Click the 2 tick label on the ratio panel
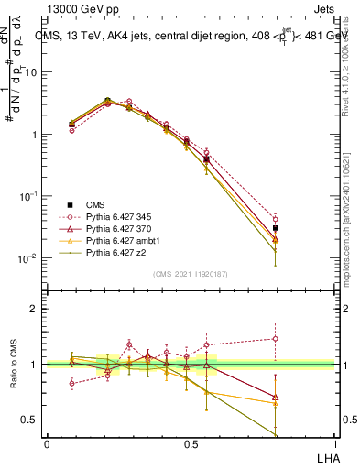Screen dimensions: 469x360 click(x=33, y=309)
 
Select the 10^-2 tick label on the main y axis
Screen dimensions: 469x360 click(x=27, y=258)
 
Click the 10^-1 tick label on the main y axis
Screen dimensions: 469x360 click(x=27, y=196)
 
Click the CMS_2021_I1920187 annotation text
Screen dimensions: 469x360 click(x=190, y=274)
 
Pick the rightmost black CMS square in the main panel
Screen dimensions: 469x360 click(x=276, y=228)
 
